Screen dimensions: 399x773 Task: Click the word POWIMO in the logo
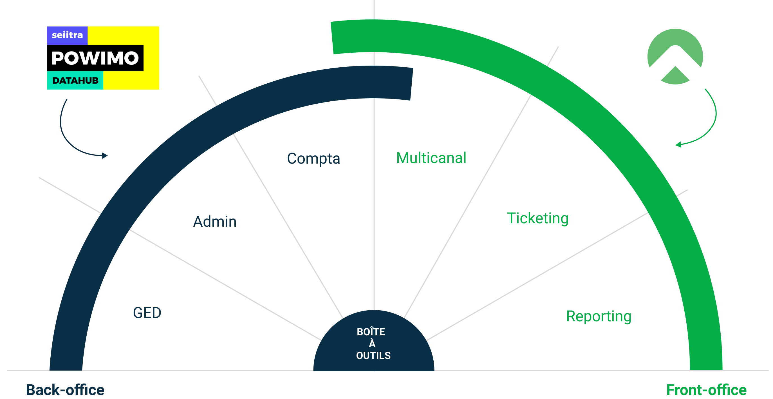tap(95, 58)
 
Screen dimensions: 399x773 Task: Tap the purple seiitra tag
tap(67, 35)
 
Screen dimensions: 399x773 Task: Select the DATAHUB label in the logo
tap(75, 81)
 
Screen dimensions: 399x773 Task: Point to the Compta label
tap(313, 158)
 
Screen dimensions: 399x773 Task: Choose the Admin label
tap(214, 222)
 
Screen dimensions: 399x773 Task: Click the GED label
tap(147, 313)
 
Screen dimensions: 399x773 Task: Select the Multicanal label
tap(431, 158)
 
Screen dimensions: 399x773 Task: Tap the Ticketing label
tap(537, 218)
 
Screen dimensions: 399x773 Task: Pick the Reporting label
tap(599, 316)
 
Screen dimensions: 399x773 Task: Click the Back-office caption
tap(65, 390)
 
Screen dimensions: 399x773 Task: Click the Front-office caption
tap(706, 390)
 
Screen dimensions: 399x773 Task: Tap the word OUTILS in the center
tap(373, 355)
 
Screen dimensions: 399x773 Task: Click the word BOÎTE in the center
tap(371, 332)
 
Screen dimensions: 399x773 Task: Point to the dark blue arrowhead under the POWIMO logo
tap(105, 155)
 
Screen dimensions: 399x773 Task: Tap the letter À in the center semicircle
tap(372, 344)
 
